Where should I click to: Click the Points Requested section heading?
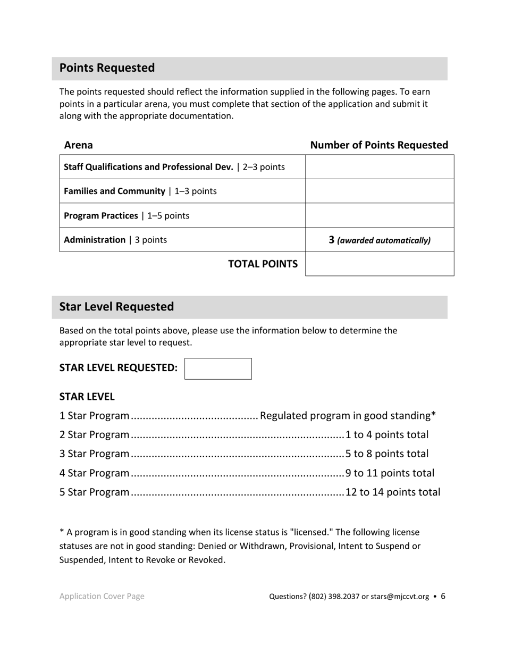[x=107, y=68]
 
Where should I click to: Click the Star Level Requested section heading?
[x=116, y=307]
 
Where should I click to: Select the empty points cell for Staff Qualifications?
[x=380, y=167]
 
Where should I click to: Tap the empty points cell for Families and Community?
[x=380, y=191]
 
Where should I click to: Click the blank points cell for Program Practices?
[x=380, y=215]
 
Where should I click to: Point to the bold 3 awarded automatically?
[x=332, y=240]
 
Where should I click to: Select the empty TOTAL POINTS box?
[x=380, y=264]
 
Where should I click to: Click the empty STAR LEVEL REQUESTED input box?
[x=218, y=368]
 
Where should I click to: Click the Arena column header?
[x=78, y=145]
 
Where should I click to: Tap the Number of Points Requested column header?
[x=379, y=145]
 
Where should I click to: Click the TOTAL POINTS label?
[x=263, y=264]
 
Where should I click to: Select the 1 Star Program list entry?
[x=94, y=416]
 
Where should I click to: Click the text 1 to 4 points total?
[x=386, y=435]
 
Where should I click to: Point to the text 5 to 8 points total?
[x=386, y=454]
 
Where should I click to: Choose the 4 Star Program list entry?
[x=94, y=473]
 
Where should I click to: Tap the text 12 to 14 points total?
[x=392, y=492]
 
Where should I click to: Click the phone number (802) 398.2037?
[x=333, y=597]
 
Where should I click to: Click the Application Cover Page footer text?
[x=102, y=597]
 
